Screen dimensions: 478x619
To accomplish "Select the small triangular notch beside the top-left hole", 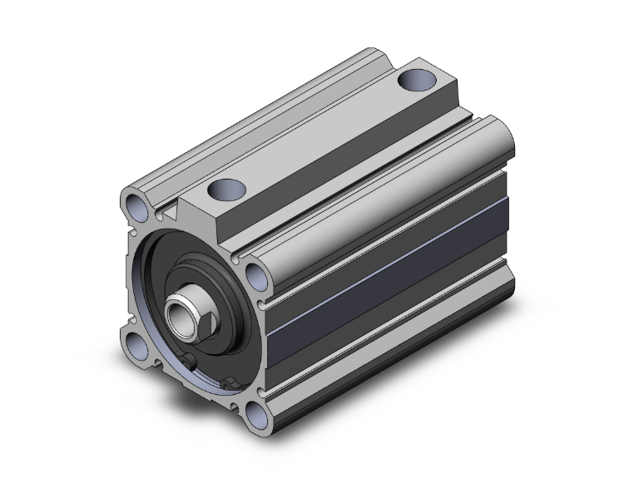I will point(170,213).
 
